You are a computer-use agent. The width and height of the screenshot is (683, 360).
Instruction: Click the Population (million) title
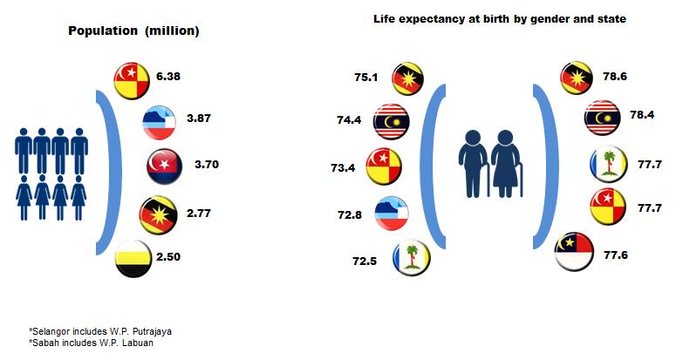click(x=135, y=31)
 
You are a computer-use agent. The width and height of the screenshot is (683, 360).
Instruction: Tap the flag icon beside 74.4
click(x=392, y=122)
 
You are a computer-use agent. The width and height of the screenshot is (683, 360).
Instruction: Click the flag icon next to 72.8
click(x=393, y=211)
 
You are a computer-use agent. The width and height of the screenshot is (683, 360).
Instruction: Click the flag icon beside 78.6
click(x=577, y=78)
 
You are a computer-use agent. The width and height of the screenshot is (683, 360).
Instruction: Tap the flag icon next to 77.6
click(x=576, y=254)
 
